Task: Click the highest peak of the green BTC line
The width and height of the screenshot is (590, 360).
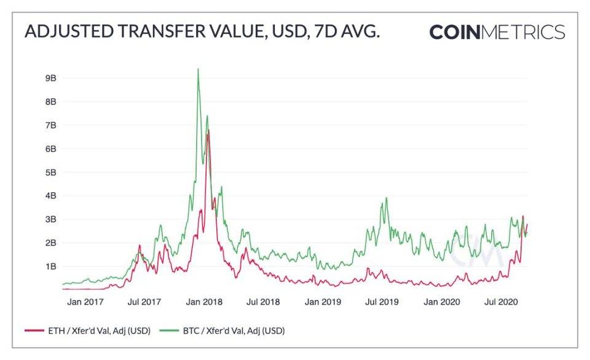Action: click(x=197, y=69)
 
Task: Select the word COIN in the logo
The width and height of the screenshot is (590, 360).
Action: click(x=454, y=32)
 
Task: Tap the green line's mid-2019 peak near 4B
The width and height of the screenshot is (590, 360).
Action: click(x=387, y=198)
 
